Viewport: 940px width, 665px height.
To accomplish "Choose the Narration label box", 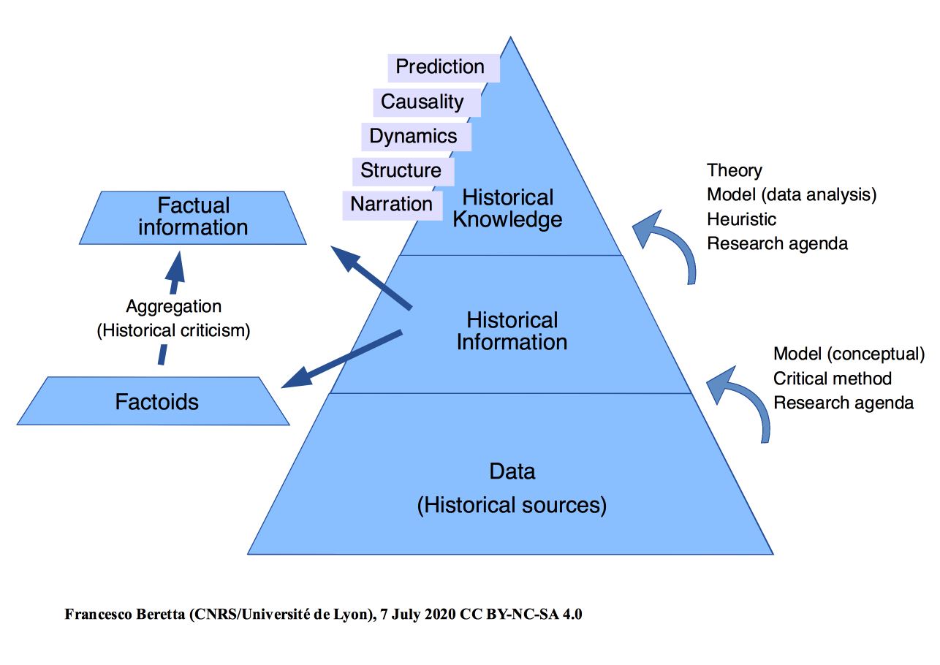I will [393, 205].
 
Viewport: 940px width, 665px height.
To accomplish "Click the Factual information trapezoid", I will [193, 217].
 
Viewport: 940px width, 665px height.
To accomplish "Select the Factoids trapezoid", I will [156, 400].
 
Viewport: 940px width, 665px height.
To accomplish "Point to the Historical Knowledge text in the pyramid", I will [507, 208].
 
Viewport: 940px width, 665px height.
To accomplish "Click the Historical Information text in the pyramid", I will [512, 331].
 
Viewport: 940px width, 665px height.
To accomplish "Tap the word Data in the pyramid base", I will [512, 471].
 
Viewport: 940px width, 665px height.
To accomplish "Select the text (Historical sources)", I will [512, 506].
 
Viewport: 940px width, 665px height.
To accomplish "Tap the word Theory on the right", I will [735, 171].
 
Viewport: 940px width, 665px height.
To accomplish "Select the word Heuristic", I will [741, 219].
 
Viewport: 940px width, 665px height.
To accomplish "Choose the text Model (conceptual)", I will [849, 354].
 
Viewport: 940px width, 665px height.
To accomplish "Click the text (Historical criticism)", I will [173, 330].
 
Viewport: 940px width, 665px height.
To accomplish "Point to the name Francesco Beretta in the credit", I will [125, 614].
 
